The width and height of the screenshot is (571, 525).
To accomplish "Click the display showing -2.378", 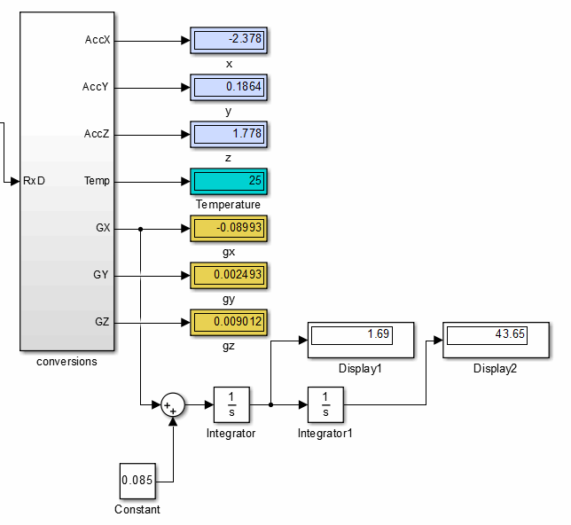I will coord(229,41).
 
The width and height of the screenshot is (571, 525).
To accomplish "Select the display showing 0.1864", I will coord(229,88).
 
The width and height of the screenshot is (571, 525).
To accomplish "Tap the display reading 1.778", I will coord(229,135).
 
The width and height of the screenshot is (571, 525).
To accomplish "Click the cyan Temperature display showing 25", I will coord(229,182).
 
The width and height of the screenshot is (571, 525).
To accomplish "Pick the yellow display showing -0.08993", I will coord(229,229).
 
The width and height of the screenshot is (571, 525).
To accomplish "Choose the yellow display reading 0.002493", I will coord(229,276).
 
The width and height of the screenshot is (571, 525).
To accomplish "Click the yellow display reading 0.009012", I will coord(229,323).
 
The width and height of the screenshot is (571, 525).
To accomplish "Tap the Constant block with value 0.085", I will coord(137,482).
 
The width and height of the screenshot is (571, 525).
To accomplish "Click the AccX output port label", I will coord(98,40).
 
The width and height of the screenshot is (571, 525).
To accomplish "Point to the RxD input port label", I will coord(34,182).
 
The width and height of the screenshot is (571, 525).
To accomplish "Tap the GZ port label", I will coord(101,322).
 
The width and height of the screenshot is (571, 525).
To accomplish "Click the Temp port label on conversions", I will coord(97,181).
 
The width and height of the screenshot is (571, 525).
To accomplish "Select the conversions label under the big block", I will coord(66,362).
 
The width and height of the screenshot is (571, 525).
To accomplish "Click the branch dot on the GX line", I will coord(141,229).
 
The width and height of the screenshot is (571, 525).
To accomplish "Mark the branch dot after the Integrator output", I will coord(270,406).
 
